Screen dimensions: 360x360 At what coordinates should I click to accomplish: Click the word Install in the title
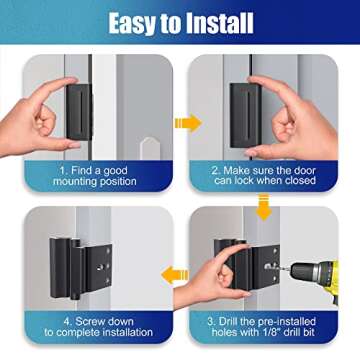tap(224, 20)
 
